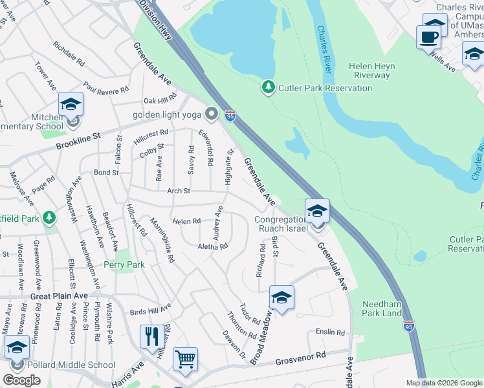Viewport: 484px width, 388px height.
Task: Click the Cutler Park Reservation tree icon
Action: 268,87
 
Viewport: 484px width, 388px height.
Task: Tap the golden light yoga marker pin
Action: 211,114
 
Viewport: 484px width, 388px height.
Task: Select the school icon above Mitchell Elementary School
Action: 71,104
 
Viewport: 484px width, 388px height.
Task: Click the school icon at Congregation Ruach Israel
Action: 317,211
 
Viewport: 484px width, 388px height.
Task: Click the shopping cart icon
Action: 186,359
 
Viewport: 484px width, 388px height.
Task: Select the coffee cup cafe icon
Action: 428,37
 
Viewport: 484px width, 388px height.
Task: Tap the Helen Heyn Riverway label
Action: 369,70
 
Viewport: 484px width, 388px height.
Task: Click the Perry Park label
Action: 124,264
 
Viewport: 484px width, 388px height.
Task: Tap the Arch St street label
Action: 178,191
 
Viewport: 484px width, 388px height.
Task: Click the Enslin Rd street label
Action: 330,332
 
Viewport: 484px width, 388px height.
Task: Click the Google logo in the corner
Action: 22,380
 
